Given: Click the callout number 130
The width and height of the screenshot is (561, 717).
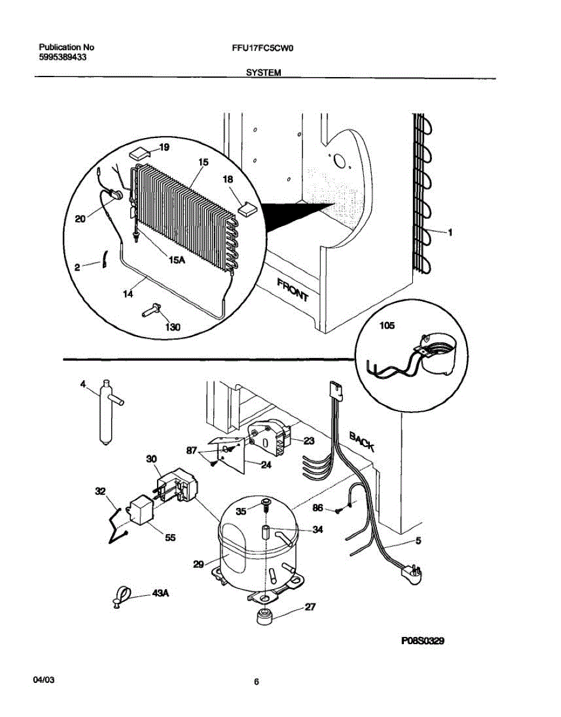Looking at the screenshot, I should [x=172, y=327].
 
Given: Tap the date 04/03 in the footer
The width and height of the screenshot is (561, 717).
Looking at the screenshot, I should [x=45, y=681].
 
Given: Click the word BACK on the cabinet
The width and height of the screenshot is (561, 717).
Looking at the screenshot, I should [x=361, y=441].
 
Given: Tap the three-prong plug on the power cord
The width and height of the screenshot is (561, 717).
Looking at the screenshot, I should [x=413, y=572].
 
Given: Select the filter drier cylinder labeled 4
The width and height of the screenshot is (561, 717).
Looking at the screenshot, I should [x=106, y=414].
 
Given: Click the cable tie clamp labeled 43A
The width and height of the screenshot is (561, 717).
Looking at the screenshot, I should [x=120, y=597].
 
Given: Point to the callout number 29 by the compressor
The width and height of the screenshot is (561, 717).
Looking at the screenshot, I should [x=199, y=563].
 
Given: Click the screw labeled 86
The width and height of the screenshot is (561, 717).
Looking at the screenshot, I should [x=338, y=510].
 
